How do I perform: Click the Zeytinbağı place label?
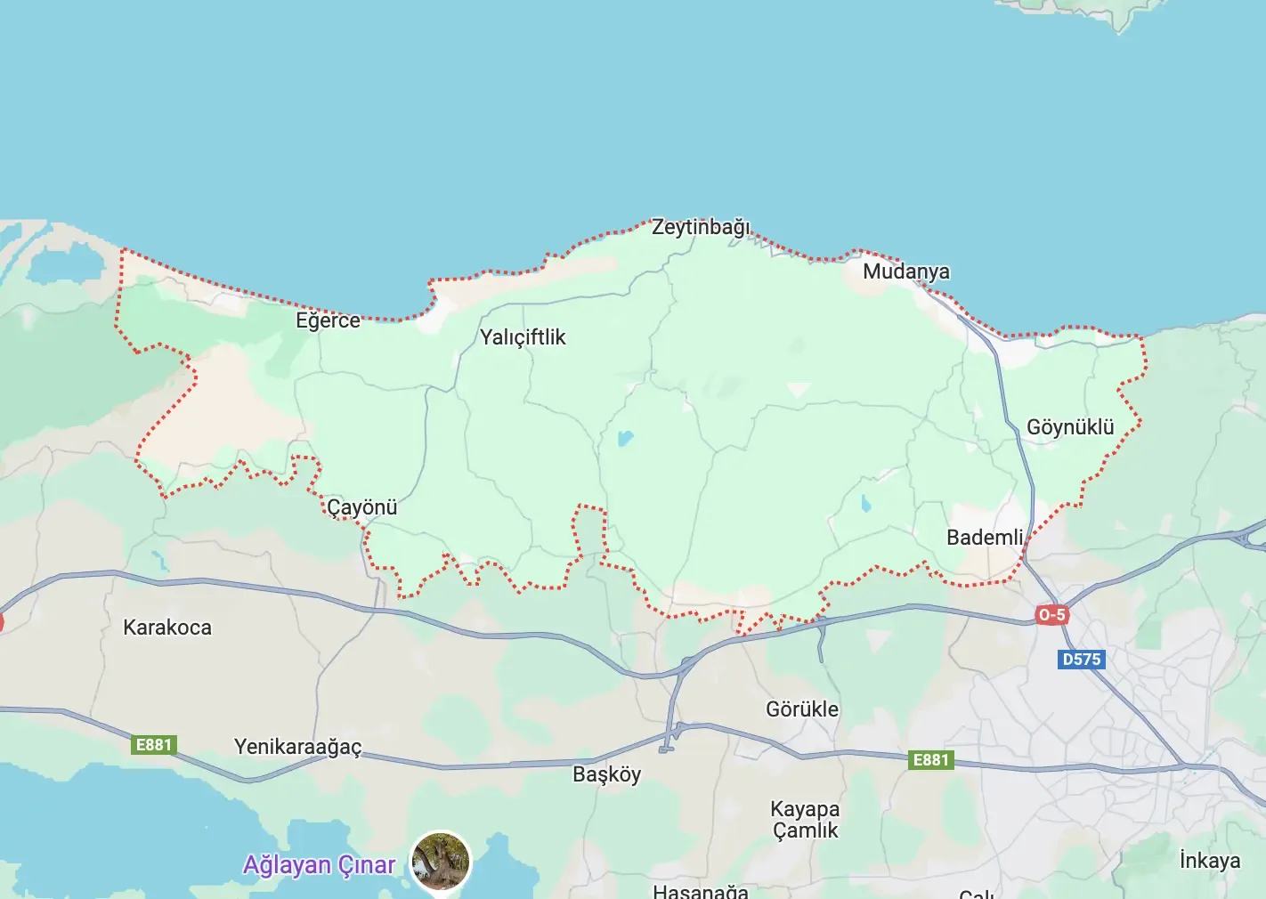701,227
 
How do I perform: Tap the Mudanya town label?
905,271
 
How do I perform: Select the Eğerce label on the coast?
328,320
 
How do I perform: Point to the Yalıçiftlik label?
523,337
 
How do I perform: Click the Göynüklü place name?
1070,427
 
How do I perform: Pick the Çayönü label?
361,507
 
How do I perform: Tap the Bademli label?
985,538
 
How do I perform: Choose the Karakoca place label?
167,628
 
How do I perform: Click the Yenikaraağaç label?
297,747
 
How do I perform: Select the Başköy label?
606,774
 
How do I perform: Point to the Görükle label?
802,709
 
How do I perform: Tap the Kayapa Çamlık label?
805,820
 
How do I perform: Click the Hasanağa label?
700,891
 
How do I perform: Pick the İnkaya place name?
1209,861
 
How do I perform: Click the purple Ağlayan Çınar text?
319,865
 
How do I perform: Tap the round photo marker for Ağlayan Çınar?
441,861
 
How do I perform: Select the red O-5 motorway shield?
1051,615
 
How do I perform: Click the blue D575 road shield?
1082,660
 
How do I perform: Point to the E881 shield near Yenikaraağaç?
153,745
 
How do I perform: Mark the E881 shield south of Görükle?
931,760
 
